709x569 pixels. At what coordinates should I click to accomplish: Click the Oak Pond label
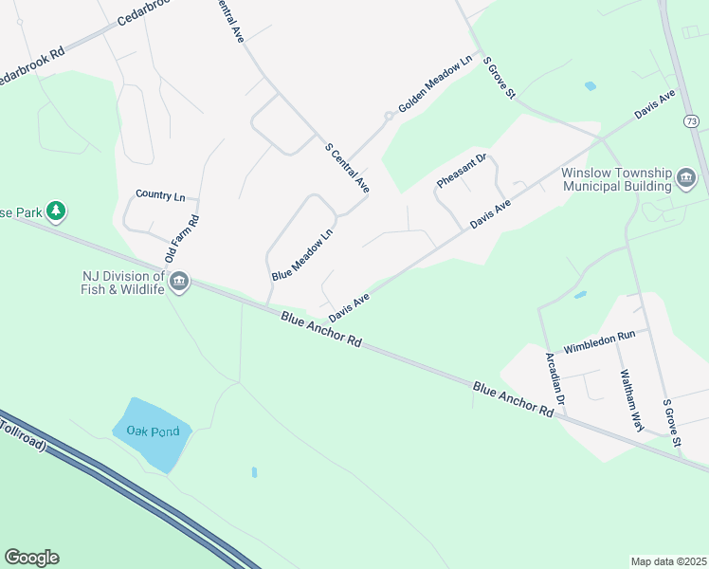152,430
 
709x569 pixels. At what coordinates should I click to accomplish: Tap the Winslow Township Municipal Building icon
686,178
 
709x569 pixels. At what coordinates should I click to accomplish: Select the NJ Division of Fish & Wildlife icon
179,282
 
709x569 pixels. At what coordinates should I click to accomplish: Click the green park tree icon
56,211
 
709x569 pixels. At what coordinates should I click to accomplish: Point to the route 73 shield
691,121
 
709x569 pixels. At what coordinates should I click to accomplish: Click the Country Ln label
160,195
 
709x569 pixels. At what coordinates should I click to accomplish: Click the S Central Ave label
346,169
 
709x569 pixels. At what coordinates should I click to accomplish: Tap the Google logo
31,558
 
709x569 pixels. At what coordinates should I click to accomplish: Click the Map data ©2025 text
668,561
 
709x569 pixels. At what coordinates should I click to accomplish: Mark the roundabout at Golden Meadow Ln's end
388,117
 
